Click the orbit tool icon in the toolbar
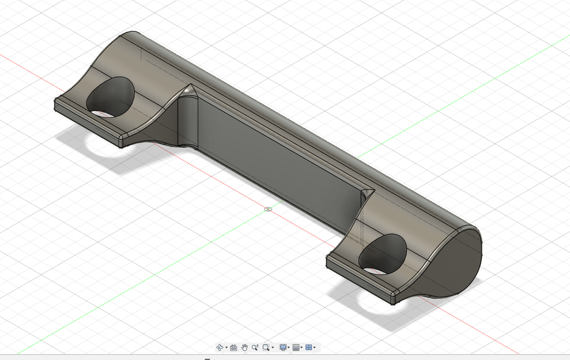coord(219,348)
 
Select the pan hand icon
coord(244,348)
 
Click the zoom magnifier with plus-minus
coord(255,348)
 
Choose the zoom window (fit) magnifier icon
coord(266,348)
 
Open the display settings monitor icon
coord(283,348)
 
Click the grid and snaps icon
coord(296,348)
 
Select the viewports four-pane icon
coord(309,348)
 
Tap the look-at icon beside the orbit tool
coord(234,348)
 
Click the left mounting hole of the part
coord(111,97)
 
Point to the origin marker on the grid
coord(268,210)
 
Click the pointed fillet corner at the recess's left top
coord(189,89)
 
